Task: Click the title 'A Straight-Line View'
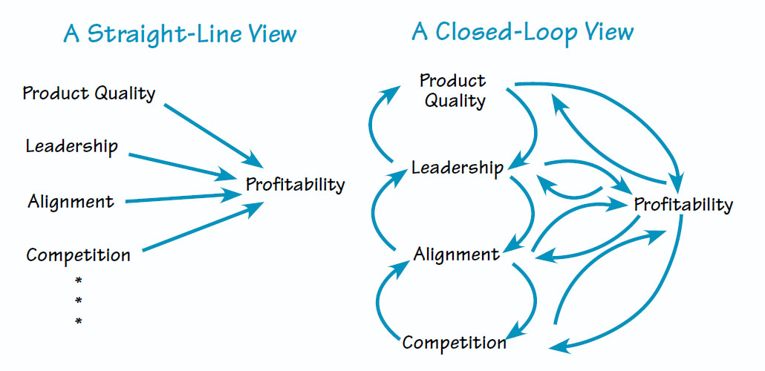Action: [x=180, y=34]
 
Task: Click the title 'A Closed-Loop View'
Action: [x=523, y=32]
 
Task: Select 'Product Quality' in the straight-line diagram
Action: [x=89, y=93]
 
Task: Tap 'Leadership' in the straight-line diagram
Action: [x=71, y=146]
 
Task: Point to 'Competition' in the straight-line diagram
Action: [x=78, y=256]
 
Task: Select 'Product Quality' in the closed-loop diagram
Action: [x=453, y=91]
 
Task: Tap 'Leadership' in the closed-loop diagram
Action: [x=456, y=168]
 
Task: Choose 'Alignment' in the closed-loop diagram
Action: [x=456, y=255]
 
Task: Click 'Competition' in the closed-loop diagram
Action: [x=454, y=343]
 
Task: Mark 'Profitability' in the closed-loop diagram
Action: [x=683, y=204]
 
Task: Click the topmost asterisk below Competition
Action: [x=78, y=280]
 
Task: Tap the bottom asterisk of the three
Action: [x=78, y=321]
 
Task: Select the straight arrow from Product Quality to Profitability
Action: [x=212, y=134]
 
